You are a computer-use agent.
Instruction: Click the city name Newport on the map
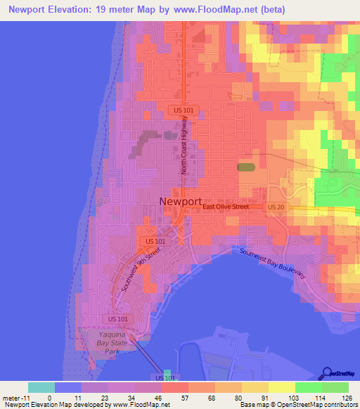click(181, 201)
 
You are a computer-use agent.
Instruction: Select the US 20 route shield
click(274, 207)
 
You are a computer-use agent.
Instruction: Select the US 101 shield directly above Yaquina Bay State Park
click(119, 319)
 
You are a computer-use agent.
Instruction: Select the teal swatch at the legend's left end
click(41, 387)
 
